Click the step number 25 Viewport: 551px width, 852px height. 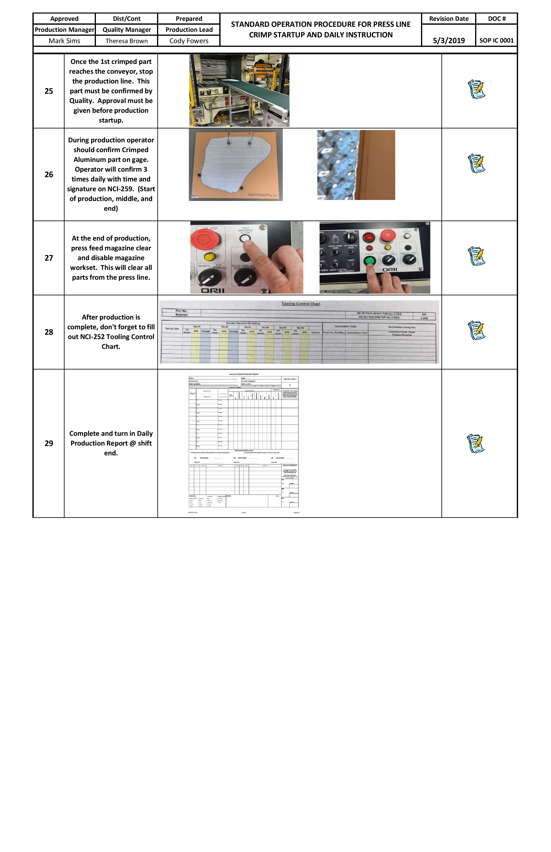49,91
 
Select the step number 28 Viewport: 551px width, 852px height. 49,332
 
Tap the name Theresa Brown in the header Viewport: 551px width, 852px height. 127,41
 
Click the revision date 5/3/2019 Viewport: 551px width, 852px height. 449,40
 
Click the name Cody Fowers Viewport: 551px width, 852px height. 189,41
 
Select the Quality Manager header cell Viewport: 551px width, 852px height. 127,30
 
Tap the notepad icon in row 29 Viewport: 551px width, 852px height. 476,443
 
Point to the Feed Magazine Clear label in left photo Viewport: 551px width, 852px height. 245,230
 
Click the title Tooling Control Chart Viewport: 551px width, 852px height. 301,303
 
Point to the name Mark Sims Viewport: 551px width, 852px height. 64,41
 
